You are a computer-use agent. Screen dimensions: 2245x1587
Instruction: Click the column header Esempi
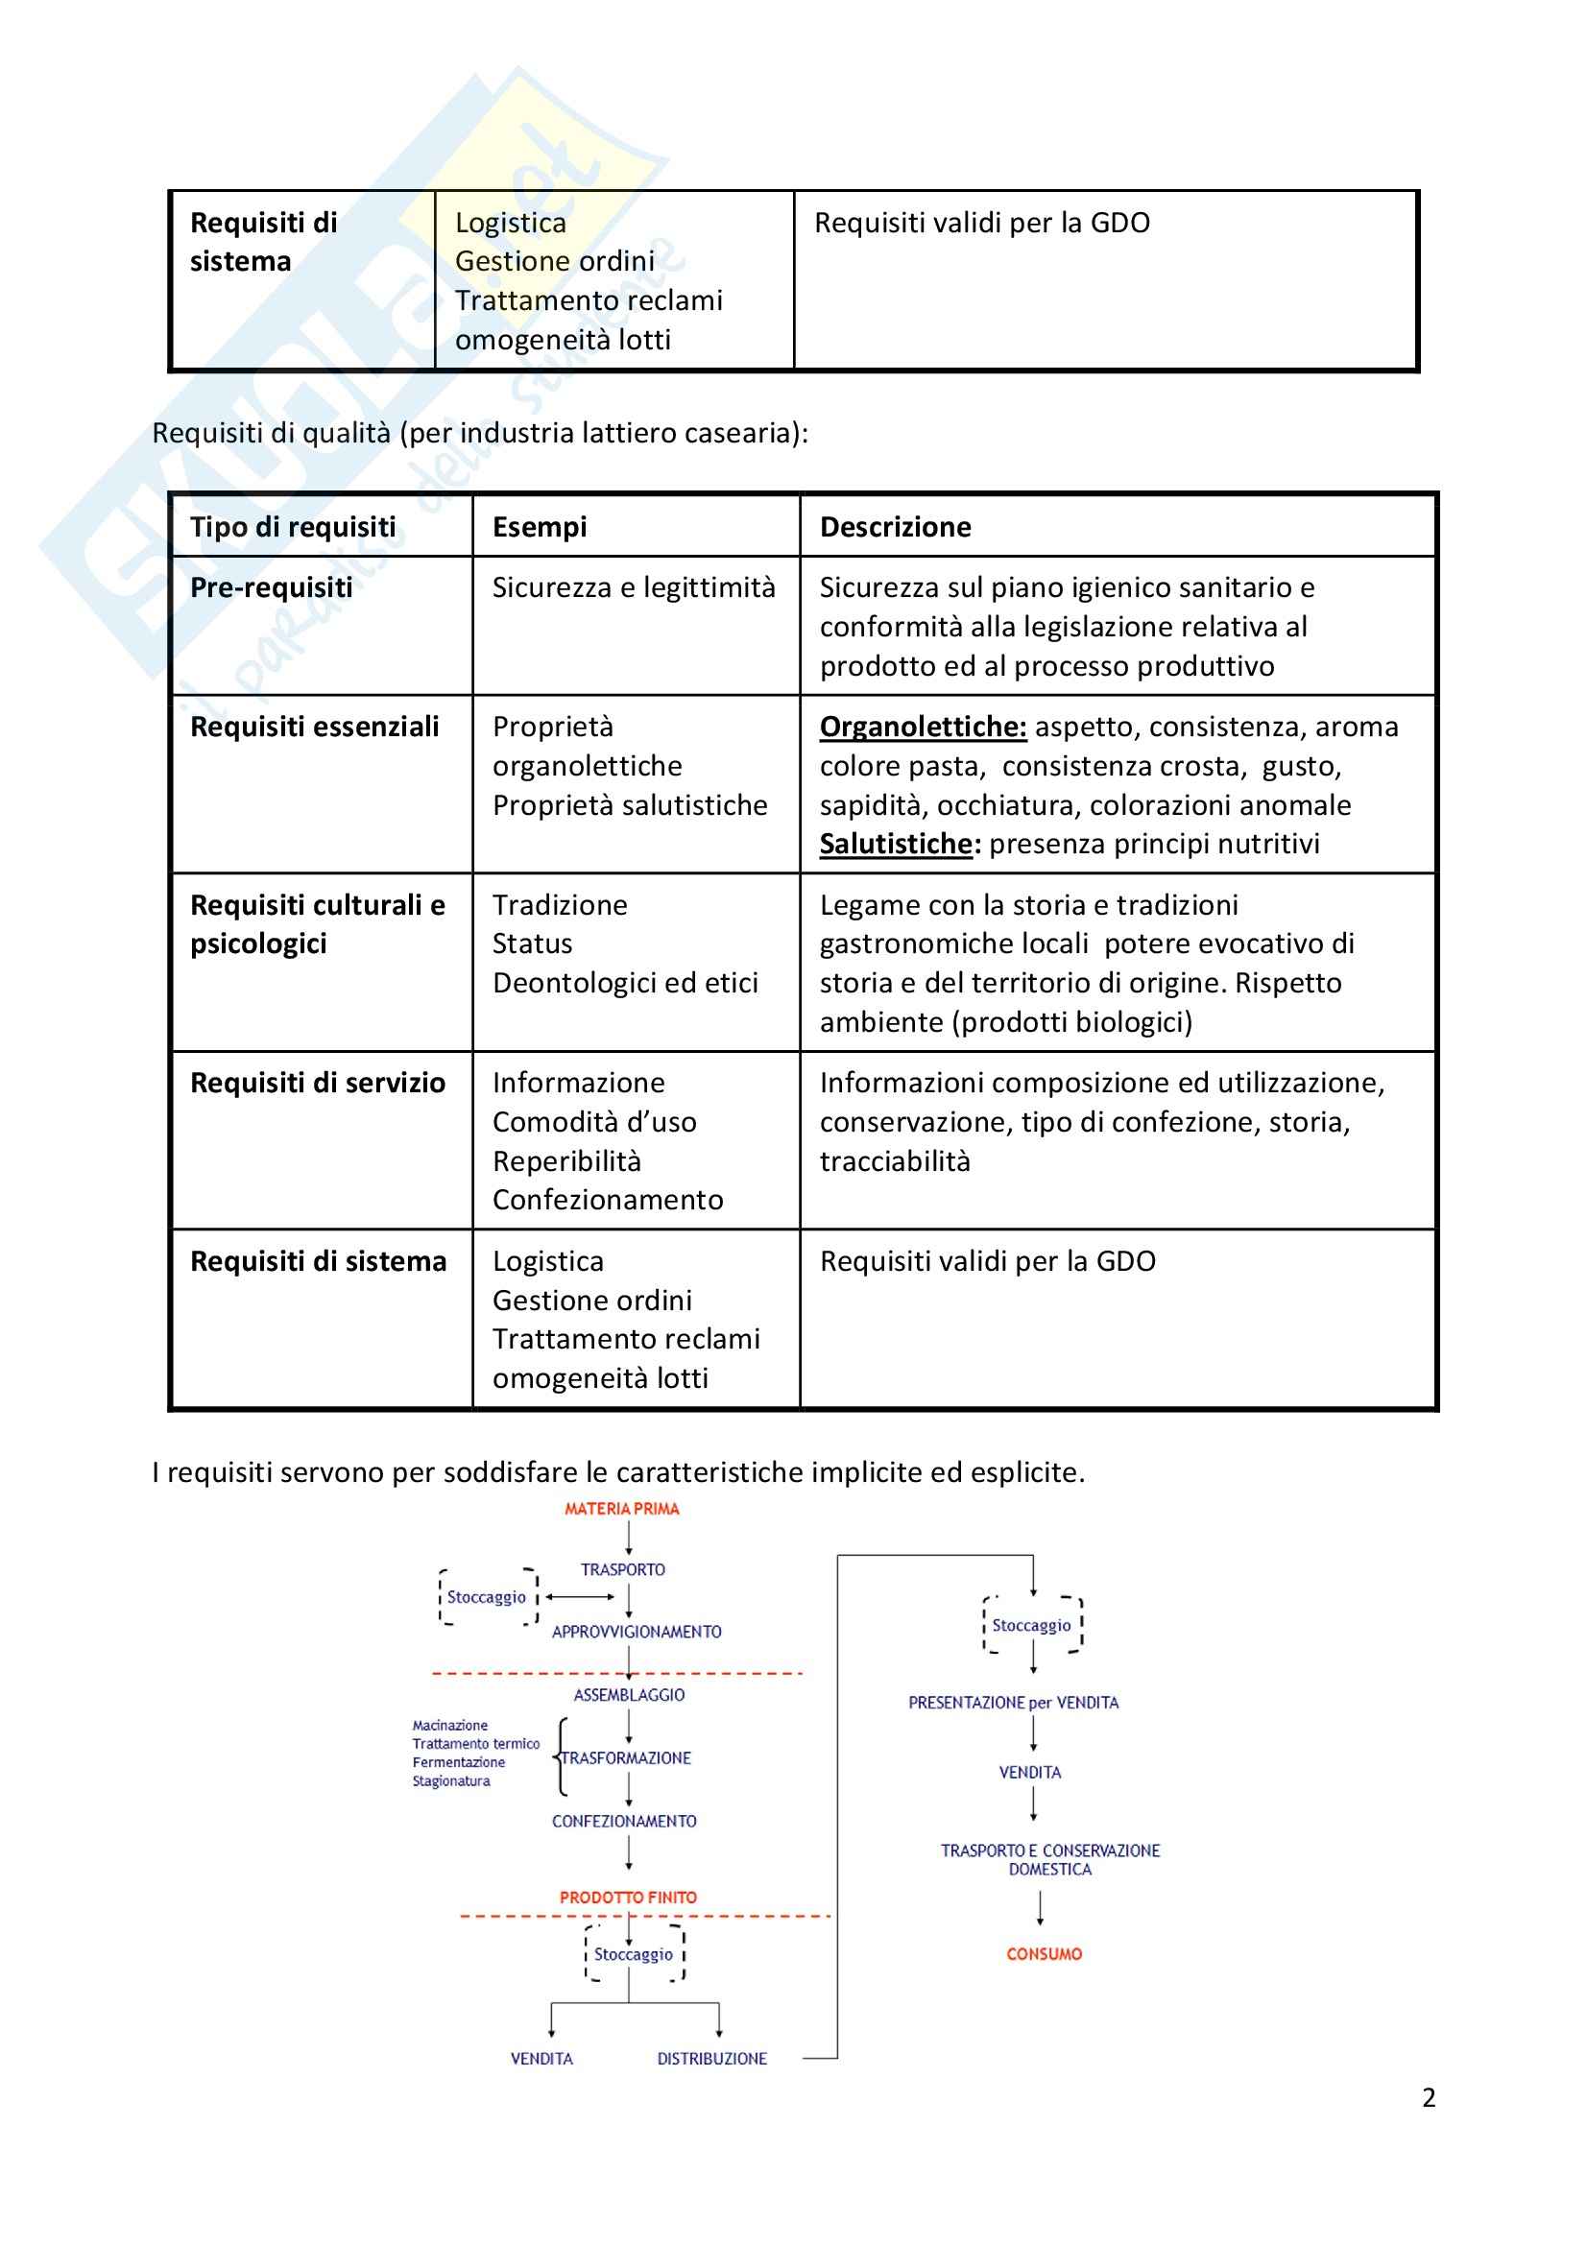539,527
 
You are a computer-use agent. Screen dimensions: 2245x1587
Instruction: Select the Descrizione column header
895,527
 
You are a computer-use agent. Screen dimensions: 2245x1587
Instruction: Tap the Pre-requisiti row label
271,587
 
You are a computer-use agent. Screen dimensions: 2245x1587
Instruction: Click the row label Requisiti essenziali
314,727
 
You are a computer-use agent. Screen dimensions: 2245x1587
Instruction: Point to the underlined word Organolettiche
922,727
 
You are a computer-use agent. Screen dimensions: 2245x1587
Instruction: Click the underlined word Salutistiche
897,844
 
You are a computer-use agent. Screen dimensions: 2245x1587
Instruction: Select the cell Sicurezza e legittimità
634,587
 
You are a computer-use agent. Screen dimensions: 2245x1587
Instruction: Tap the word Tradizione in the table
560,905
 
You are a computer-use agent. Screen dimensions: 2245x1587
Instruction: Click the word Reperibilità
566,1161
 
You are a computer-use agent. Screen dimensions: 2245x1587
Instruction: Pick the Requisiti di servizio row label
317,1084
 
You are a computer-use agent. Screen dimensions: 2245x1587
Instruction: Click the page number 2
1429,2097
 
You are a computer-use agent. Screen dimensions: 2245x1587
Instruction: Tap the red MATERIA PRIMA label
622,1509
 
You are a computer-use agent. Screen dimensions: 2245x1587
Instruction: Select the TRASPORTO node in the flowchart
623,1569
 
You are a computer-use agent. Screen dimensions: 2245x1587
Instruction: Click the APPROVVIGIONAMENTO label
637,1632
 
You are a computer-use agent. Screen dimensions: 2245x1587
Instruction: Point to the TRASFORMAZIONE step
627,1758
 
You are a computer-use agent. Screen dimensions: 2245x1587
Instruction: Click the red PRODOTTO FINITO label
628,1897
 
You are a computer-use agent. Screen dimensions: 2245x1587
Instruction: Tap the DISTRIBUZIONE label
711,2058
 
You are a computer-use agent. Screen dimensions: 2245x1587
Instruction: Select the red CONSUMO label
1045,1953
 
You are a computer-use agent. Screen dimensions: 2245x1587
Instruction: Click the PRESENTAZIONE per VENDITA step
1013,1703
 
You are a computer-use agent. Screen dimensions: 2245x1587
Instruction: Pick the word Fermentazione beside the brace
459,1762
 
